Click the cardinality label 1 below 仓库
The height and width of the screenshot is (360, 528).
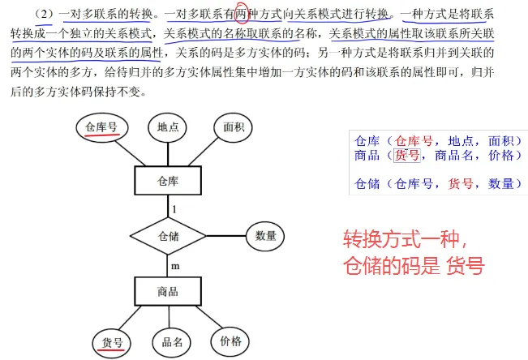[x=174, y=209]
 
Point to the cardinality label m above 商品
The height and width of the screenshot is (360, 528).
[x=175, y=267]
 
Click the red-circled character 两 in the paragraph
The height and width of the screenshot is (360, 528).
[x=241, y=14]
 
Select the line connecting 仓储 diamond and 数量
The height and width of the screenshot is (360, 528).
[x=226, y=236]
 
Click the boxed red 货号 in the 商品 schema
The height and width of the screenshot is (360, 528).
[x=407, y=156]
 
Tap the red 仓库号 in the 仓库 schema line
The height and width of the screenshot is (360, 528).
[x=414, y=141]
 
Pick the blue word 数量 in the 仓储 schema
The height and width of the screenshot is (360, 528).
[x=500, y=184]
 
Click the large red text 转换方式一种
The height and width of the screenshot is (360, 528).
[x=405, y=239]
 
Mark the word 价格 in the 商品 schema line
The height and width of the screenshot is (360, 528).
[x=500, y=156]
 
